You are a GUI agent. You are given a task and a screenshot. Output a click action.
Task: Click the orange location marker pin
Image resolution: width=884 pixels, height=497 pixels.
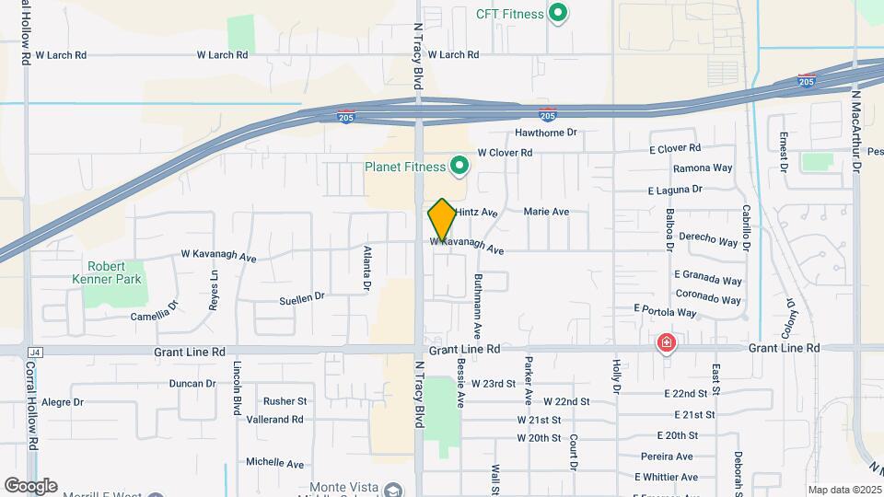tap(442, 219)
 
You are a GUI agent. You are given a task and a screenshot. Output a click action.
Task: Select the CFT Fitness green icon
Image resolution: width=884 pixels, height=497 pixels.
tap(557, 14)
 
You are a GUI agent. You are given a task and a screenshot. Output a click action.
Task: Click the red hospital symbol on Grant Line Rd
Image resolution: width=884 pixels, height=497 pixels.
tap(666, 344)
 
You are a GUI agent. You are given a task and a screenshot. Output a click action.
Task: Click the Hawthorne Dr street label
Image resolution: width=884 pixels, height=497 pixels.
tap(545, 133)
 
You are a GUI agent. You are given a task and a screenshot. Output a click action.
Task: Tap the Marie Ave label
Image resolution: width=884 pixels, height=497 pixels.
tap(546, 212)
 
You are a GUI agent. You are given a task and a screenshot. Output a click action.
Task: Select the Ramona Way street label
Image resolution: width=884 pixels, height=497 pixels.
tap(703, 168)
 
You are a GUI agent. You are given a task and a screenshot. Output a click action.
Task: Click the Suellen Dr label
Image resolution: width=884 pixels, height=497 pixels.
tap(303, 296)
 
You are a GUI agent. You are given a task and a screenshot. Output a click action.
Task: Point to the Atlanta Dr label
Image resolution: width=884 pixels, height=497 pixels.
tap(366, 262)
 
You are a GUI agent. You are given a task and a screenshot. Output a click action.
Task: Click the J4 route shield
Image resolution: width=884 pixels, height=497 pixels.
tap(36, 352)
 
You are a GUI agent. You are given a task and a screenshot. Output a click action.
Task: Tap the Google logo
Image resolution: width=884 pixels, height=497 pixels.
tap(30, 486)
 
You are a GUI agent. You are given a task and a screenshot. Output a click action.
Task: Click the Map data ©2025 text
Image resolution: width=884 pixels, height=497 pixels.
tap(843, 490)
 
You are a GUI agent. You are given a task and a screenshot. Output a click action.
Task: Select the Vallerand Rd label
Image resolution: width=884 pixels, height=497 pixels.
tap(274, 420)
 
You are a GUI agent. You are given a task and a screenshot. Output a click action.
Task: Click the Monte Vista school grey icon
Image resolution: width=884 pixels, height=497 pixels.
tap(394, 491)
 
